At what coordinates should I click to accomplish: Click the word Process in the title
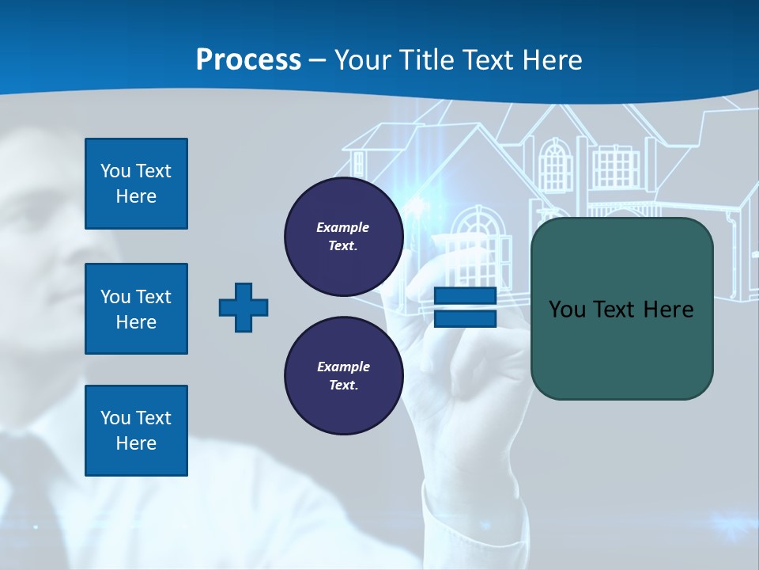click(x=248, y=60)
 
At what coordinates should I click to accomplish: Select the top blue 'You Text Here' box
click(x=136, y=184)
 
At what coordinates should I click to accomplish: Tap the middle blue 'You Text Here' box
click(x=136, y=309)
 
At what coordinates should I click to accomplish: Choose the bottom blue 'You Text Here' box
click(x=136, y=431)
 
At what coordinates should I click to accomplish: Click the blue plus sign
click(x=244, y=307)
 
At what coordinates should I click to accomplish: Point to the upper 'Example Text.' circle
click(x=343, y=237)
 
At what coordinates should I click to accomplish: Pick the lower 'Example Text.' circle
click(x=343, y=376)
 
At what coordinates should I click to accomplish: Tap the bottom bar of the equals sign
click(x=465, y=318)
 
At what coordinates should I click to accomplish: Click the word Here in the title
click(x=551, y=60)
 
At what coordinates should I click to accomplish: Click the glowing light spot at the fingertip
click(x=413, y=207)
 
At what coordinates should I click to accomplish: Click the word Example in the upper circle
click(x=343, y=227)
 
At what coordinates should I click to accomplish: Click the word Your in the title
click(x=364, y=60)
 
